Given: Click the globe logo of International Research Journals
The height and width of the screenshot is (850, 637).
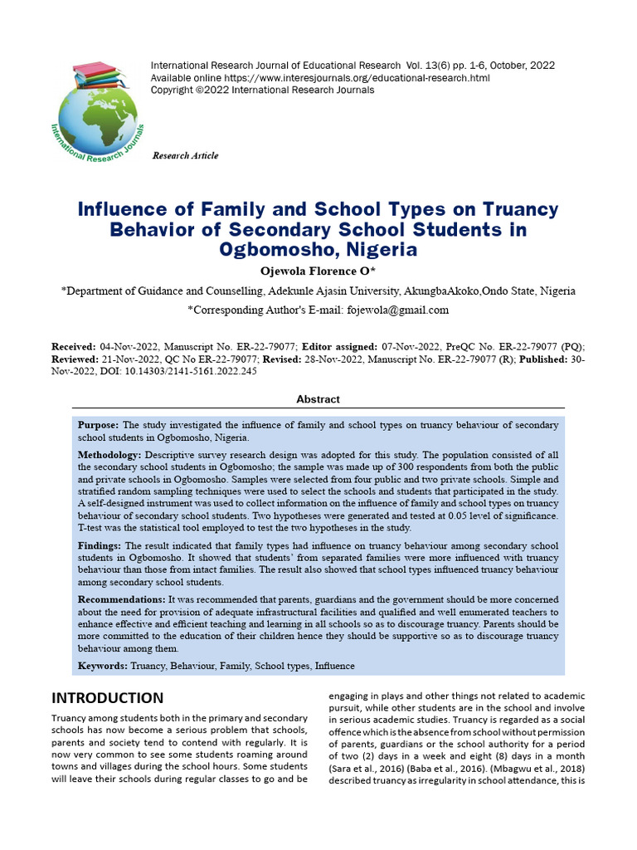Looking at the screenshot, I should (x=98, y=116).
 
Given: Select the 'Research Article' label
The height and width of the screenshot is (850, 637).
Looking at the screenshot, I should (x=186, y=156).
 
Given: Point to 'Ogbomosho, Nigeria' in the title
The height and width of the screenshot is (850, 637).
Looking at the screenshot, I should (x=318, y=249).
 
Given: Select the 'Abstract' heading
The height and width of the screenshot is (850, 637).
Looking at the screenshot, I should (x=318, y=399).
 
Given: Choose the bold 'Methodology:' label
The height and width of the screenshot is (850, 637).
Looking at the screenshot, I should (x=110, y=456).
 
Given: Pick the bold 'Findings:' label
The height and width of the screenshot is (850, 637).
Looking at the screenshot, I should (x=100, y=545).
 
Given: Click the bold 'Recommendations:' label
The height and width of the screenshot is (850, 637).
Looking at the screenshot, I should (x=122, y=599).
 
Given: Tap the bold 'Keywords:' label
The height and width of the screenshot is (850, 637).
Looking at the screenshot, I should (x=103, y=666).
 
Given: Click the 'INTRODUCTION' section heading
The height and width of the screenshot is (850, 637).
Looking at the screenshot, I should (x=108, y=698).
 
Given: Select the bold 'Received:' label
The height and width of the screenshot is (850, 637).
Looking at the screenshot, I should (x=75, y=346).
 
